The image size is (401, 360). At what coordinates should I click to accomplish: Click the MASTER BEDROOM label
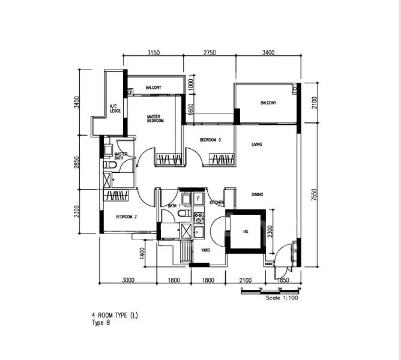155,119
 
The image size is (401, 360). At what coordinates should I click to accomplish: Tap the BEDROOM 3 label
210,140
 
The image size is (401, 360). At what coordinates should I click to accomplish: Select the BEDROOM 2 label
126,217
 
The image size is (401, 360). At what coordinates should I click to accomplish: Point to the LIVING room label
257,145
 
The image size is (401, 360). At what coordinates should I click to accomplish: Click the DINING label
258,194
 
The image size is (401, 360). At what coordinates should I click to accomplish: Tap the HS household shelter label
246,232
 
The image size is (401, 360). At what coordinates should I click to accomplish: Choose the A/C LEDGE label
115,109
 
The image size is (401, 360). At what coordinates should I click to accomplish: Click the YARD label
206,250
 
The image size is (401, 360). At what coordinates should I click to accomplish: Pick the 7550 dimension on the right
315,194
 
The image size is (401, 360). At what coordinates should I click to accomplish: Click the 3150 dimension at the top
154,53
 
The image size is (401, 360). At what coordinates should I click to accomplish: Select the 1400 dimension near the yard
142,253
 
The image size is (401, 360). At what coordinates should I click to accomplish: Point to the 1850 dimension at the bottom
283,280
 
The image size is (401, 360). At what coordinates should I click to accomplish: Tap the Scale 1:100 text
282,298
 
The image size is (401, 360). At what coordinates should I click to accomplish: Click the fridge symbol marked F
199,199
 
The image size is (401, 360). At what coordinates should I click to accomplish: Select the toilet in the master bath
110,164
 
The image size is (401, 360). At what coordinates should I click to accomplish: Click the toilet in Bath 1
184,213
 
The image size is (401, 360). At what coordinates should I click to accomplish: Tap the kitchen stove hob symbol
199,218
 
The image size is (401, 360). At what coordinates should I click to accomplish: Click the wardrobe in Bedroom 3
222,159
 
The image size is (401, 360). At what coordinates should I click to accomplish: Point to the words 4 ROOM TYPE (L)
115,316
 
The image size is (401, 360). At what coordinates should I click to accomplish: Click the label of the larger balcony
268,103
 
